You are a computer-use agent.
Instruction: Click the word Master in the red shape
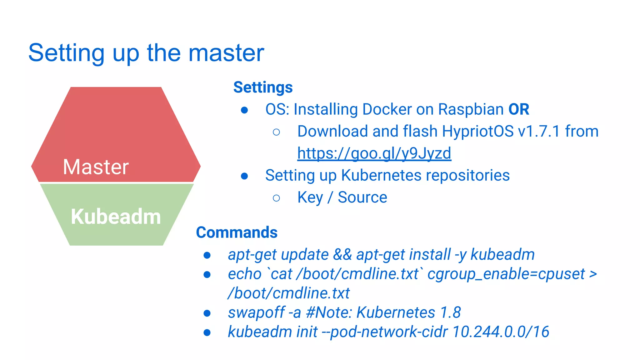pyautogui.click(x=96, y=167)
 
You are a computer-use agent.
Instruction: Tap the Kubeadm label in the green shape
pyautogui.click(x=116, y=216)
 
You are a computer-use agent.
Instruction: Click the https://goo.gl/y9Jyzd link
pyautogui.click(x=374, y=153)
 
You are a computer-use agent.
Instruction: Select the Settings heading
pyautogui.click(x=263, y=87)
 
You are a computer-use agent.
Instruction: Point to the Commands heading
pyautogui.click(x=237, y=232)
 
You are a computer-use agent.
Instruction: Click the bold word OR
pyautogui.click(x=519, y=109)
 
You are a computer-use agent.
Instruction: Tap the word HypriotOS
pyautogui.click(x=478, y=131)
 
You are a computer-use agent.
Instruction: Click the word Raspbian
pyautogui.click(x=471, y=109)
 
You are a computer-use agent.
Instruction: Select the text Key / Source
pyautogui.click(x=342, y=197)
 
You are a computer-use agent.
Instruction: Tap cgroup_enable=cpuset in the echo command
pyautogui.click(x=506, y=274)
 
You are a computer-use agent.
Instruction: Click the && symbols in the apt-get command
pyautogui.click(x=342, y=255)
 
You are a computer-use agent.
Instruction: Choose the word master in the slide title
pyautogui.click(x=226, y=53)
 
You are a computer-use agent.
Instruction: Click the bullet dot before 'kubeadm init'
pyautogui.click(x=207, y=332)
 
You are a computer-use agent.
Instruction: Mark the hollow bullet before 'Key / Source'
pyautogui.click(x=276, y=198)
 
